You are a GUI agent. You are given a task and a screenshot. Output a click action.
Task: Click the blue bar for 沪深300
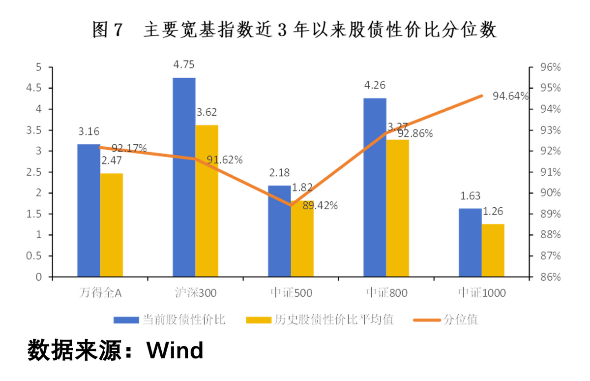click(x=184, y=177)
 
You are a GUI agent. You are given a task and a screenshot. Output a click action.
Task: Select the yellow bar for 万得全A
click(x=112, y=225)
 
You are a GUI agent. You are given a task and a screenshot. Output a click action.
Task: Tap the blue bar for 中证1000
click(x=470, y=243)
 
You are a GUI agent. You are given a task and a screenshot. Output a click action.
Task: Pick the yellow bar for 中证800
click(x=397, y=208)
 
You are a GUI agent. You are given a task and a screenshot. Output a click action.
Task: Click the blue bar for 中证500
click(x=279, y=231)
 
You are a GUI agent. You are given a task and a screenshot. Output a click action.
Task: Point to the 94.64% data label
click(x=510, y=95)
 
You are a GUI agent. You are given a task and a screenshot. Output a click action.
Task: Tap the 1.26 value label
click(x=493, y=212)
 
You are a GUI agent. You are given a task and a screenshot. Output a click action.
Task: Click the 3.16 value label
click(x=88, y=131)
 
